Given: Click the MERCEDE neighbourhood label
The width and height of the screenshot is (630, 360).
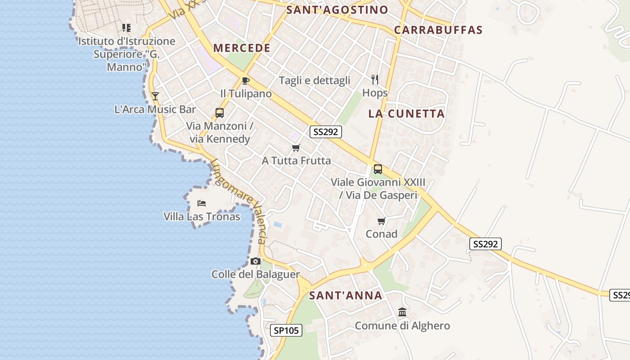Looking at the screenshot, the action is pos(242,48).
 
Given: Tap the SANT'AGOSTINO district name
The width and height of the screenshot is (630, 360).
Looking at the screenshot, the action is pos(337,10).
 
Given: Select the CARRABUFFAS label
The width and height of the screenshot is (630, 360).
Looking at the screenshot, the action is pos(438,30).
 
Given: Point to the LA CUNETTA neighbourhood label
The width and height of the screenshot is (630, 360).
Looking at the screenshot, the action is pos(406,114).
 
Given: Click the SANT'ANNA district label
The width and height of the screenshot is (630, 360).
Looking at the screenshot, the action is pos(346,296).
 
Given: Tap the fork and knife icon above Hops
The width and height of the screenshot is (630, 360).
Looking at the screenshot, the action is pos(375,80).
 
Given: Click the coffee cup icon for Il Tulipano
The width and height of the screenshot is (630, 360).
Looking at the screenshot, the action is pos(245,81).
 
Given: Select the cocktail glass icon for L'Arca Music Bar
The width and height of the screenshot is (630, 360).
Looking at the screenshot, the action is pos(155,96).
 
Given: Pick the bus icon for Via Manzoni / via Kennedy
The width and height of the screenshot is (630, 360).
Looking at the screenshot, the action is pos(220,112).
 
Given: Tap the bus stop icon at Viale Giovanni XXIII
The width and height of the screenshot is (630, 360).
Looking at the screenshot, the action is pos(378,169).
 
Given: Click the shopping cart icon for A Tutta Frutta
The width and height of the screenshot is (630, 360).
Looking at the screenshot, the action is pos(296,148).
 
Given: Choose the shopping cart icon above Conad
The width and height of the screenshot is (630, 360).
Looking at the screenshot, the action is pos(382,221).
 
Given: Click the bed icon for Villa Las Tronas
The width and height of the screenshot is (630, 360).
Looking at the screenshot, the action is pos(202,203).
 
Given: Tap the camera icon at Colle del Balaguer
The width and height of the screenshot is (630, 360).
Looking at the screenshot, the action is pos(256,261).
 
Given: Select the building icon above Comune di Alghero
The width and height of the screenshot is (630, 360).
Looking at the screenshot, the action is pos(402,312).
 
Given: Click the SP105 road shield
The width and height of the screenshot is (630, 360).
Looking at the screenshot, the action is pos(287,330).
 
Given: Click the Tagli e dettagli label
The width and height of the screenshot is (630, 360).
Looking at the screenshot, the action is pos(315,81).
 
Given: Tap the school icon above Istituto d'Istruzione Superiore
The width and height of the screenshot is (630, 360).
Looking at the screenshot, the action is pos(126,28).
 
